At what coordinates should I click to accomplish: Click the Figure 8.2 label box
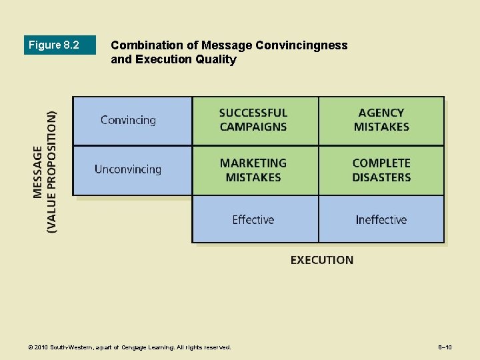[60, 45]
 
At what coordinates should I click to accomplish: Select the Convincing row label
[128, 121]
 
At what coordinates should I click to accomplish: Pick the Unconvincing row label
[128, 169]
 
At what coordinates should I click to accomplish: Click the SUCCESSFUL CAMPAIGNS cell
[253, 120]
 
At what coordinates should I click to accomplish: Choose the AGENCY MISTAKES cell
[381, 120]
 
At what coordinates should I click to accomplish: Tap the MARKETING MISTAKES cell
[253, 170]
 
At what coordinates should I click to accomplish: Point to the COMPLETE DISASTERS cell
[381, 170]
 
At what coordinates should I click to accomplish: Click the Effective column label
[253, 219]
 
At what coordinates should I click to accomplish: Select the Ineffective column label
[381, 219]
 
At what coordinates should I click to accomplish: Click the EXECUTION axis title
[322, 260]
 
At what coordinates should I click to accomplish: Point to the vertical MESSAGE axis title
[37, 172]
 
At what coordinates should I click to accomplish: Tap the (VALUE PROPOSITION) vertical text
[52, 171]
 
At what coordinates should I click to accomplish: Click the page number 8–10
[445, 347]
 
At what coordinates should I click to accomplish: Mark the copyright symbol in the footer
[30, 347]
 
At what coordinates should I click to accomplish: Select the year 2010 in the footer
[41, 347]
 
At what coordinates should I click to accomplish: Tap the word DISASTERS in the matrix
[381, 177]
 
